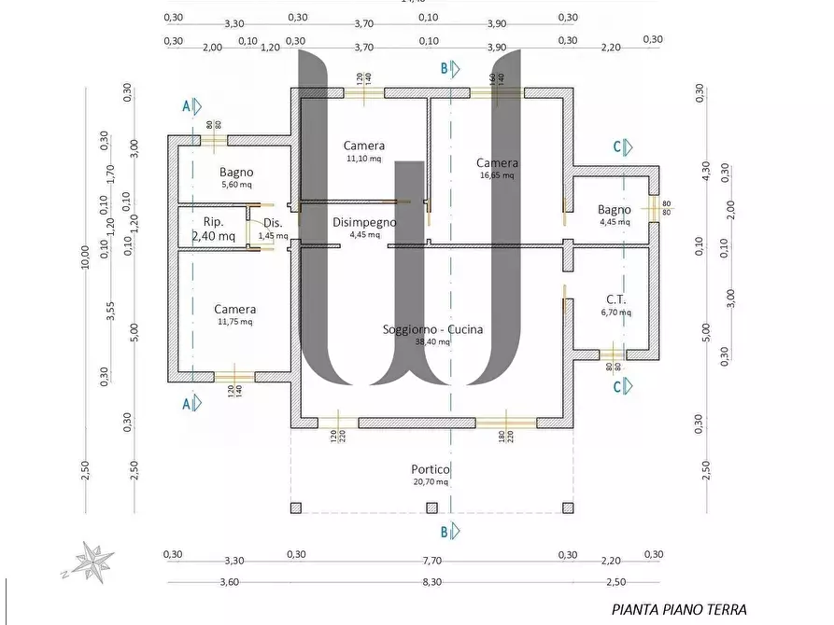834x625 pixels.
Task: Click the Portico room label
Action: tap(431, 469)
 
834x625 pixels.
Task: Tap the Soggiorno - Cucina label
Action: tap(432, 329)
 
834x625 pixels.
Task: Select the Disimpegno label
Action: tap(364, 222)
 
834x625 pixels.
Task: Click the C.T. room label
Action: tap(615, 299)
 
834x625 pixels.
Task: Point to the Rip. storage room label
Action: tap(213, 222)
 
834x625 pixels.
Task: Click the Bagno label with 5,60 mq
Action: tap(236, 172)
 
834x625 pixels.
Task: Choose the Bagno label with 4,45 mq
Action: tap(615, 210)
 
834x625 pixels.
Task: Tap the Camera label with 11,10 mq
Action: tap(363, 146)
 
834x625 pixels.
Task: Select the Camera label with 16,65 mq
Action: tap(497, 163)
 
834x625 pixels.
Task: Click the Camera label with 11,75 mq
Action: tap(234, 309)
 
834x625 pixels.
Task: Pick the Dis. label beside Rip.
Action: tap(273, 222)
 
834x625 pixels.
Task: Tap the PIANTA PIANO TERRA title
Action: tap(679, 610)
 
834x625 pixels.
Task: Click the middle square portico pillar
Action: tap(431, 508)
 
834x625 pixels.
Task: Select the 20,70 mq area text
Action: tap(431, 482)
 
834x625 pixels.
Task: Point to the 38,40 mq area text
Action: tap(432, 342)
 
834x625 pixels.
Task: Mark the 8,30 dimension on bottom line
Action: tap(431, 581)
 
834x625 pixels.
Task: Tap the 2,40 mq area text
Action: tap(214, 237)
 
